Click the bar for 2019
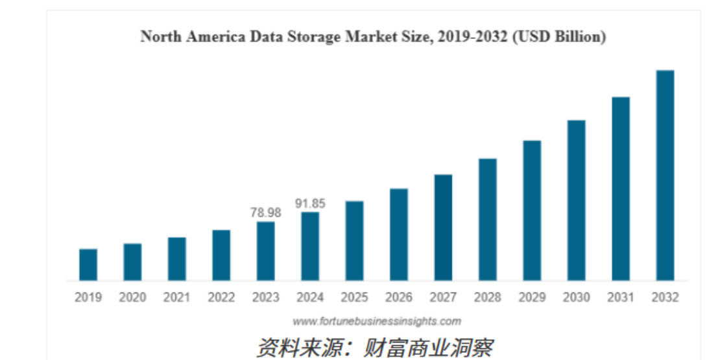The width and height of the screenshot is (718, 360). click(88, 265)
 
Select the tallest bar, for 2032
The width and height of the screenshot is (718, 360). click(665, 175)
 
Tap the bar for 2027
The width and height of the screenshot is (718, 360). click(444, 227)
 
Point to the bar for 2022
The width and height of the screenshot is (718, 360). click(221, 255)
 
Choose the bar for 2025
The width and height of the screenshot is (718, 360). click(354, 241)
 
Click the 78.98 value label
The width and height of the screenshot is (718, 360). click(265, 212)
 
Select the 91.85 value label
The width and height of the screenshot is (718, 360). click(309, 203)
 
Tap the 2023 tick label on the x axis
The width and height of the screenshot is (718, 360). click(265, 298)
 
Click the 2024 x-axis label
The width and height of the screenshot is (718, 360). click(309, 298)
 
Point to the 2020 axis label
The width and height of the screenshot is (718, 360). click(132, 298)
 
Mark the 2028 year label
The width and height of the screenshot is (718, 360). click(487, 298)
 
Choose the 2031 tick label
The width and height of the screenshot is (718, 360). click(621, 298)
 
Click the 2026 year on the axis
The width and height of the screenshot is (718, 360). click(398, 298)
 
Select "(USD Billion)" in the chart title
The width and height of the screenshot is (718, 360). click(559, 37)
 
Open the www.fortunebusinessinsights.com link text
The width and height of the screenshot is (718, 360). click(376, 321)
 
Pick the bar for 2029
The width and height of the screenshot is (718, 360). click(532, 210)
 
